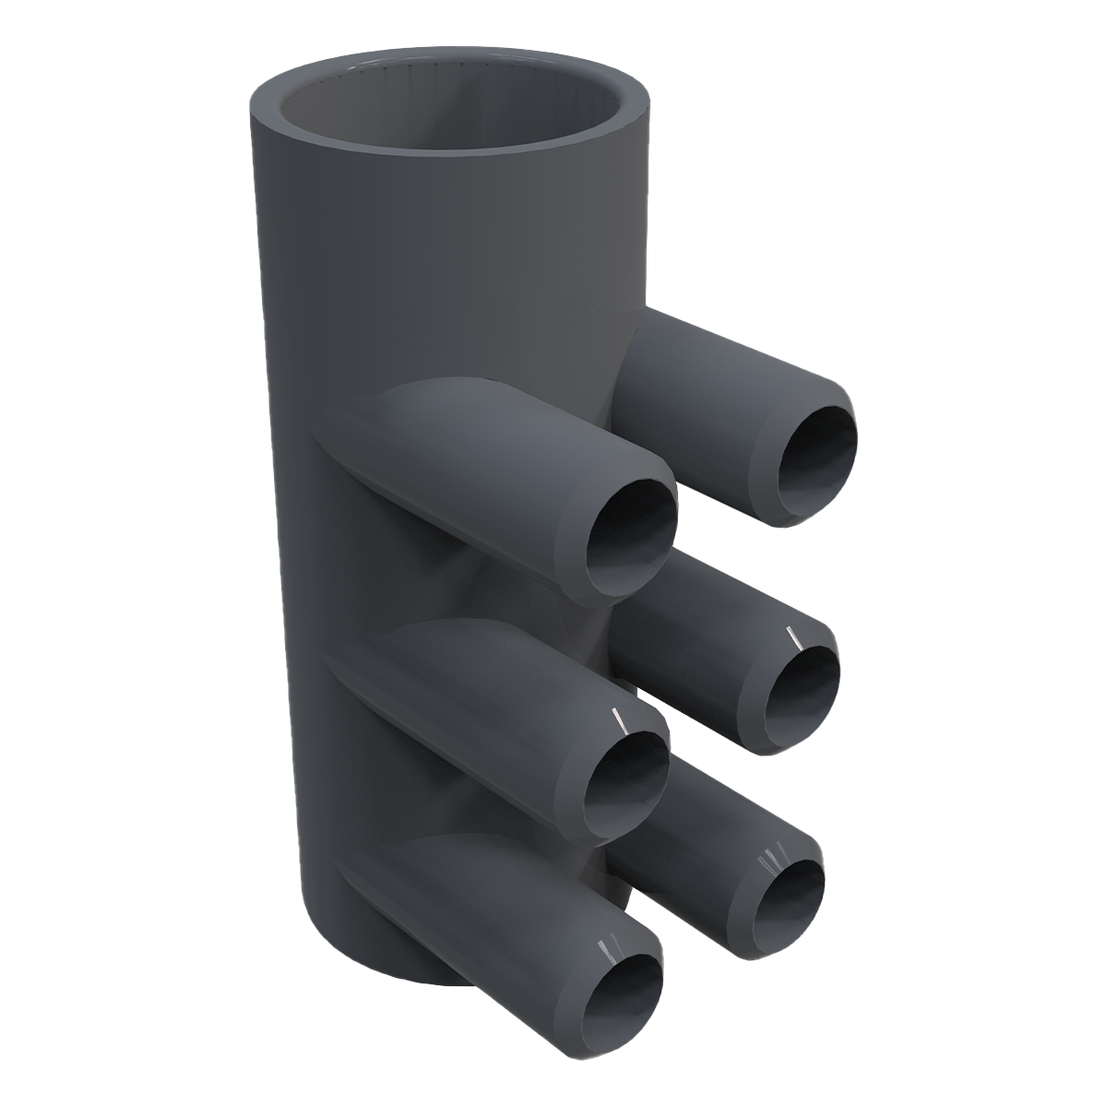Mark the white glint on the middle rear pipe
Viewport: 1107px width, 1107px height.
pos(791,636)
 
